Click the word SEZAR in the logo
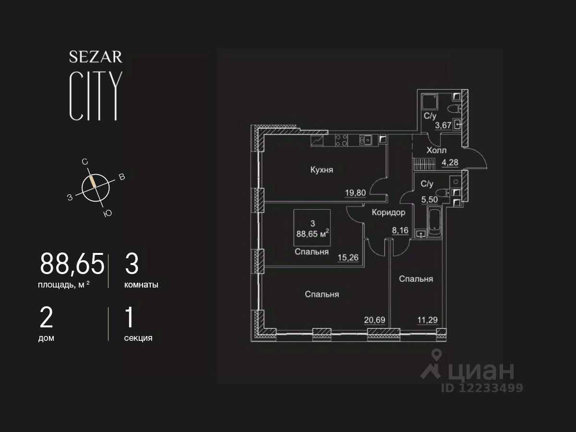[96, 57]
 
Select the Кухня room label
[322, 170]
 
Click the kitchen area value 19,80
[355, 193]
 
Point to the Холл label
[436, 150]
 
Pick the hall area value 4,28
[450, 162]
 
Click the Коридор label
[388, 212]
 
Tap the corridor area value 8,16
[401, 230]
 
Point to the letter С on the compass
[84, 162]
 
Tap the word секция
[138, 338]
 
